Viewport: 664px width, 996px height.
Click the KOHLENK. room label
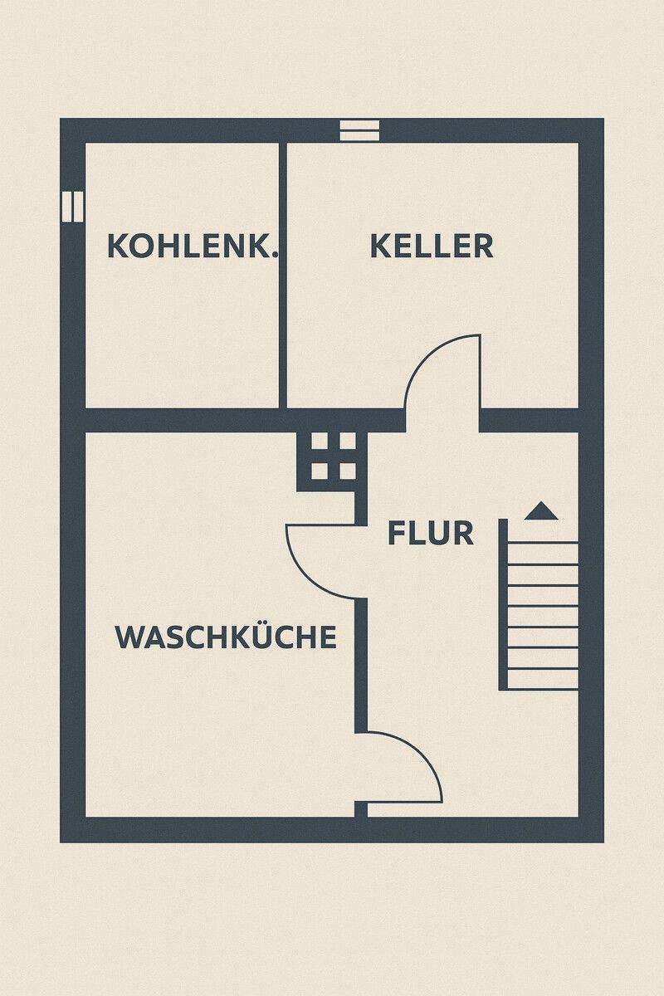pyautogui.click(x=193, y=247)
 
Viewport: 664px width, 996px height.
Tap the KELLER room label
pyautogui.click(x=432, y=247)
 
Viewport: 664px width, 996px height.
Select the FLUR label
pyautogui.click(x=431, y=533)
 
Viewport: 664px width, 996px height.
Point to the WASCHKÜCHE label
pyautogui.click(x=226, y=637)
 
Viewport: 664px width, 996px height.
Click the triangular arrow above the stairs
pyautogui.click(x=540, y=510)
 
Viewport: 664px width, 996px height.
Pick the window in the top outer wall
pyautogui.click(x=360, y=130)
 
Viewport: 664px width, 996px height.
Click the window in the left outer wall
pyautogui.click(x=73, y=206)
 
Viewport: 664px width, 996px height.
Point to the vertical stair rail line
pyautogui.click(x=503, y=604)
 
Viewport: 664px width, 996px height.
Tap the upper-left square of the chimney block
pyautogui.click(x=320, y=441)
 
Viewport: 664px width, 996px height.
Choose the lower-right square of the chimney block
pyautogui.click(x=347, y=471)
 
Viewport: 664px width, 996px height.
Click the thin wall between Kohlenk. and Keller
pyautogui.click(x=283, y=274)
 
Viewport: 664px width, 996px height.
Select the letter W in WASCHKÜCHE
pyautogui.click(x=126, y=637)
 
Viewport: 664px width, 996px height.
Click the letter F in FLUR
pyautogui.click(x=396, y=533)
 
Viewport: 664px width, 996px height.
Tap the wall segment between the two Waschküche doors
pyautogui.click(x=361, y=664)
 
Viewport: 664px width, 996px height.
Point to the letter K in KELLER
pyautogui.click(x=379, y=247)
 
